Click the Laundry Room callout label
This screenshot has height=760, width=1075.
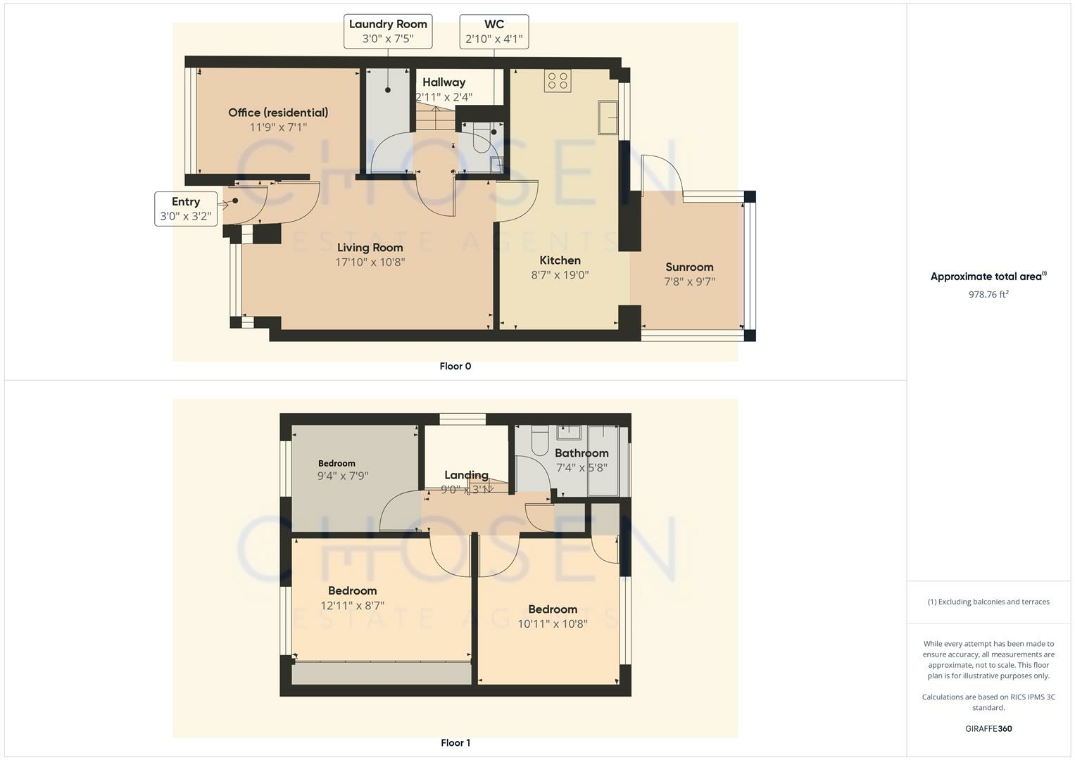tap(388, 32)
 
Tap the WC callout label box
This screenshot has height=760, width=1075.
tap(494, 32)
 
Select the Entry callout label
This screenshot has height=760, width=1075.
tap(185, 209)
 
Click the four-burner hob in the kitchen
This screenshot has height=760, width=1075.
tap(558, 80)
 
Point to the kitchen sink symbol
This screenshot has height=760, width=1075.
tap(608, 118)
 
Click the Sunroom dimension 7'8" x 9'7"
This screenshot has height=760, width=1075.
tap(689, 281)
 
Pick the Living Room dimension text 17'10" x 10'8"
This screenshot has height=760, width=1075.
tap(370, 262)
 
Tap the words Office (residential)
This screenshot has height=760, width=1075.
tap(278, 113)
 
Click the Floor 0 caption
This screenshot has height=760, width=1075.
tap(455, 366)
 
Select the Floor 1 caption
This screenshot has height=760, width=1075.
tap(455, 742)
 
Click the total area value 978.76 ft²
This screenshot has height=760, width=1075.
tap(988, 294)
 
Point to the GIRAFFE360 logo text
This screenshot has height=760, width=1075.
tap(988, 728)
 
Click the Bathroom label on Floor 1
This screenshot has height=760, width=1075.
tap(581, 453)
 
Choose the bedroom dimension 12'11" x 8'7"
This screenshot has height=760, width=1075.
tap(352, 605)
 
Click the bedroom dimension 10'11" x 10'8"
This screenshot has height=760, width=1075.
tap(553, 623)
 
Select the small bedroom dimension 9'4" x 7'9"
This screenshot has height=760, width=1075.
tap(343, 476)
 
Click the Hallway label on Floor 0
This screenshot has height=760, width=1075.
tap(444, 82)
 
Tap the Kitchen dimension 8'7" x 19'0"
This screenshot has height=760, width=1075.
tap(560, 275)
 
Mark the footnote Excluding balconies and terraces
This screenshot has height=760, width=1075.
tap(988, 602)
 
